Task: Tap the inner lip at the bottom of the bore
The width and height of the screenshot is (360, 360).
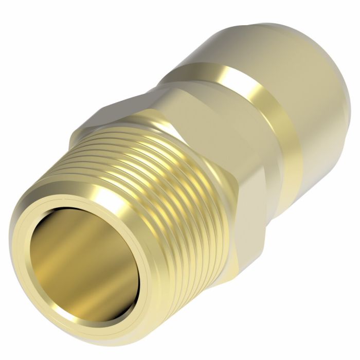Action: pos(77,298)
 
